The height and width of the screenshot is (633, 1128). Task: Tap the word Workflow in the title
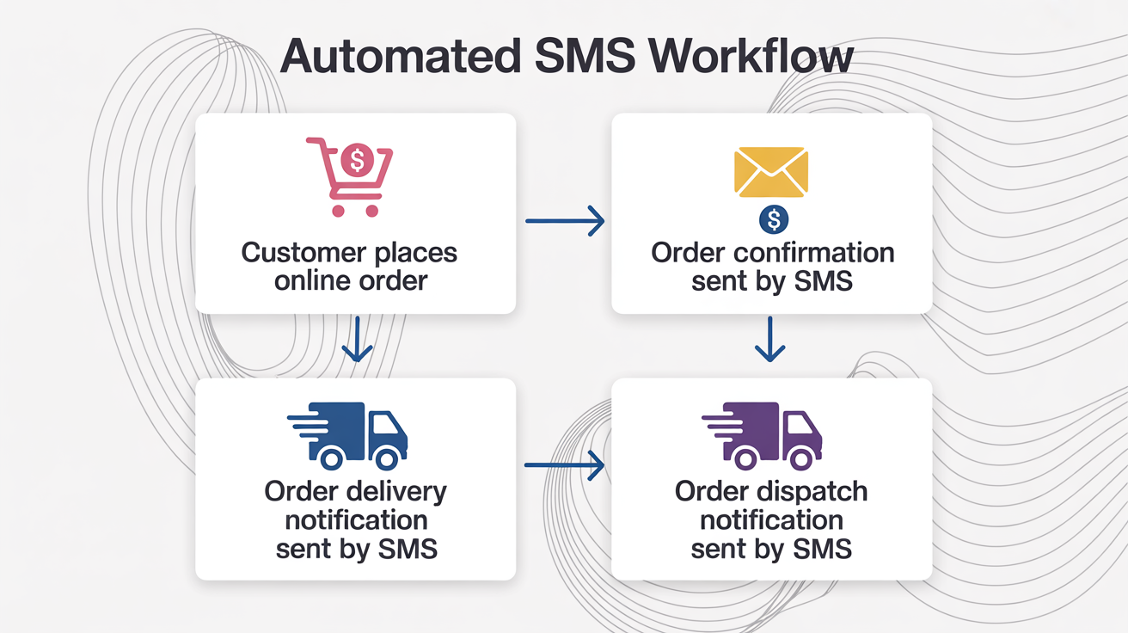(751, 57)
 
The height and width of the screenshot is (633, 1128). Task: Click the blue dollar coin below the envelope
(774, 220)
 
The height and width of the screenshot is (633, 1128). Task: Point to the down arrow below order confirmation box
(770, 341)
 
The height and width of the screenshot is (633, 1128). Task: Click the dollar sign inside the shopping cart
(356, 159)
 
